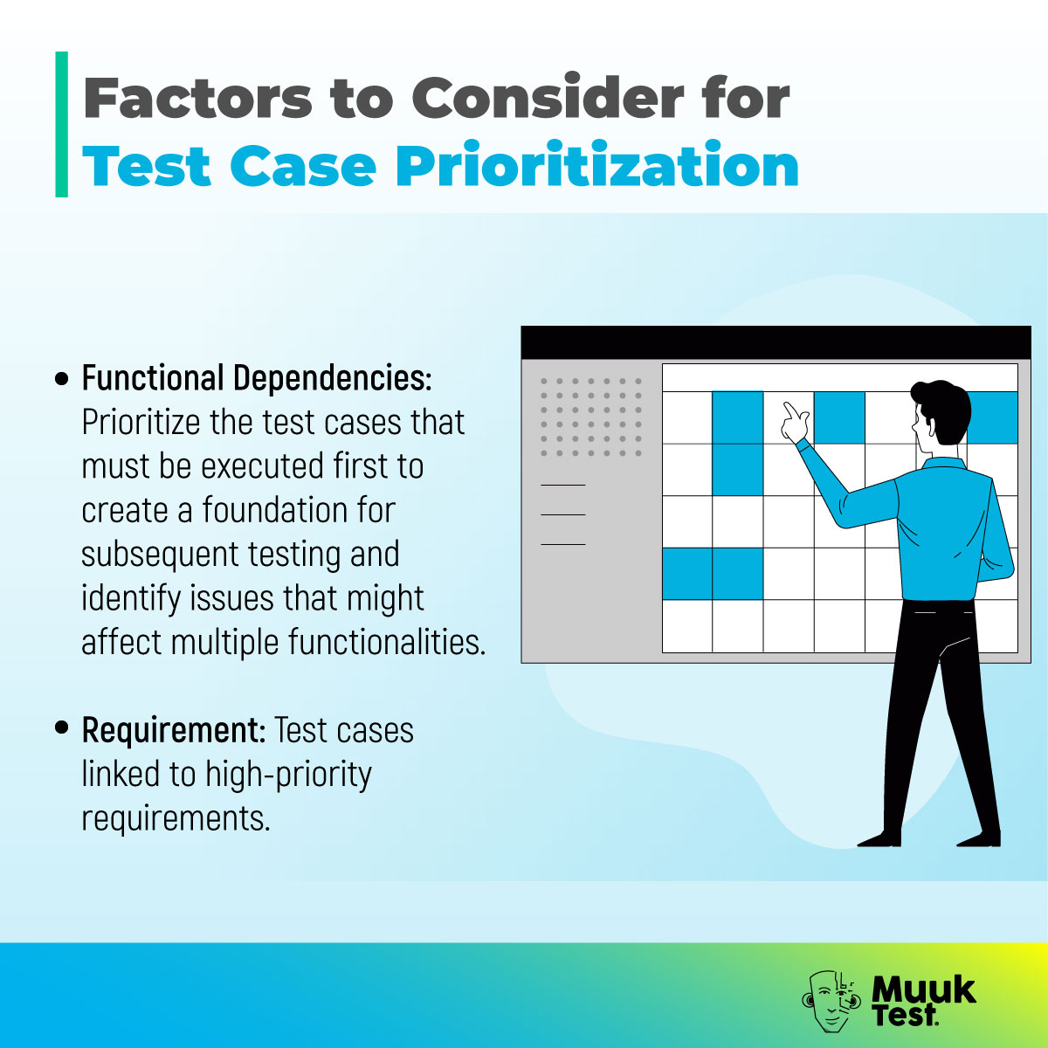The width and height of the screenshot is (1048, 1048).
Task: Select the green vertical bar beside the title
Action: click(x=61, y=124)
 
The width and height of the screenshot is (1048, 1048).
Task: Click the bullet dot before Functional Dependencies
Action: click(x=61, y=379)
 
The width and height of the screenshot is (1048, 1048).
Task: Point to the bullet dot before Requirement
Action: click(x=61, y=728)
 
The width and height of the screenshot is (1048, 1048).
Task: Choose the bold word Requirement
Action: click(x=173, y=729)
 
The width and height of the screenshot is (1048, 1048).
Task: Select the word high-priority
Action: click(x=288, y=774)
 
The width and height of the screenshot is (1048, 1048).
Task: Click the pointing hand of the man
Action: click(x=796, y=421)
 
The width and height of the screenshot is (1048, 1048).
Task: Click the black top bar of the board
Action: click(x=776, y=342)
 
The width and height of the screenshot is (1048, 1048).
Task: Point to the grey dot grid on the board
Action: click(x=591, y=417)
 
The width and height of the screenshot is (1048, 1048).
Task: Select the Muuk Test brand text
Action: click(x=921, y=1000)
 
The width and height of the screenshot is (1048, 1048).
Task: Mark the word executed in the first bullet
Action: click(x=261, y=466)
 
